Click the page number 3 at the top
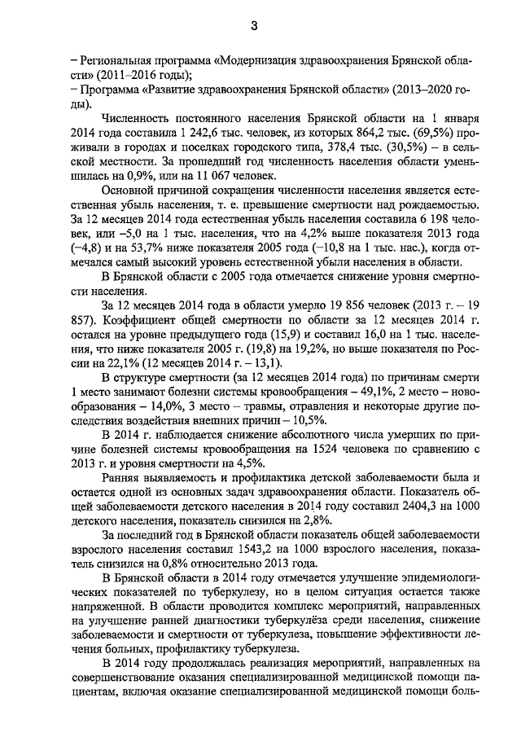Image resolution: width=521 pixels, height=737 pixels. (254, 25)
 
